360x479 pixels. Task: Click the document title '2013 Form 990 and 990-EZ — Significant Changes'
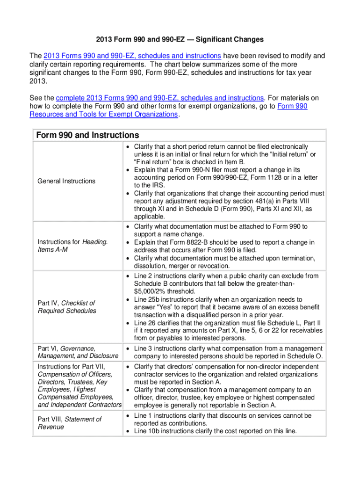[x=180, y=39]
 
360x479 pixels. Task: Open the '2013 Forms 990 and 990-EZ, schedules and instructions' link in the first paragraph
[x=132, y=56]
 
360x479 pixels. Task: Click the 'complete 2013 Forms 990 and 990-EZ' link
[x=159, y=98]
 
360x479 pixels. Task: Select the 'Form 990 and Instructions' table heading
[x=87, y=135]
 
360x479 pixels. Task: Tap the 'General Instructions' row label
[x=66, y=181]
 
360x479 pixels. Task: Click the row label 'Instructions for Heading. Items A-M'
[x=72, y=246]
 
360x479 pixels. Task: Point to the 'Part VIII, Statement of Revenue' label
[x=69, y=423]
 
